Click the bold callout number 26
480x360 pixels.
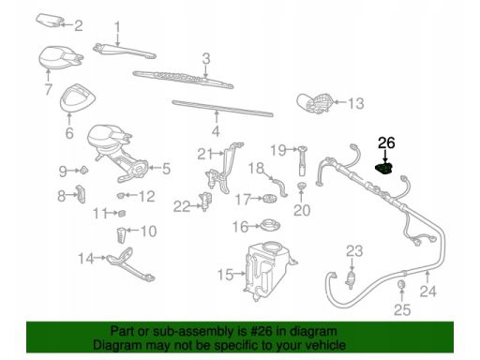[386, 142]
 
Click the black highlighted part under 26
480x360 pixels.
[384, 168]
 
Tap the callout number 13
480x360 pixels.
[356, 103]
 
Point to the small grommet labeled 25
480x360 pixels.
[401, 285]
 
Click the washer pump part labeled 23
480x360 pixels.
[352, 278]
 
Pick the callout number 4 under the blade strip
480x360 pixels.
[216, 131]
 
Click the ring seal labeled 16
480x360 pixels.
[270, 225]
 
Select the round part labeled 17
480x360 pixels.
[270, 198]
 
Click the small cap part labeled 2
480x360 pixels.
[50, 21]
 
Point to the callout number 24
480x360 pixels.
[427, 292]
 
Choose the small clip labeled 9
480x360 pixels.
[84, 171]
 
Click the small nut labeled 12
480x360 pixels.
[121, 196]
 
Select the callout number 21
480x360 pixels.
[205, 154]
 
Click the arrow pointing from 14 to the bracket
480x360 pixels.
[100, 258]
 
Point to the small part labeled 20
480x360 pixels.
[301, 187]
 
